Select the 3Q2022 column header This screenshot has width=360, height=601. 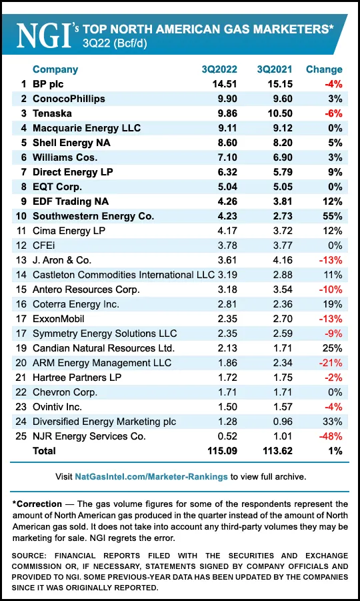(221, 69)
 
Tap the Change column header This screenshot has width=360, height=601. (324, 69)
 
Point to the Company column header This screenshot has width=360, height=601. (55, 69)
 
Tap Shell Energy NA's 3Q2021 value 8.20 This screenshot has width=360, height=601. (276, 143)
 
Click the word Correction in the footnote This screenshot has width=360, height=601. (39, 504)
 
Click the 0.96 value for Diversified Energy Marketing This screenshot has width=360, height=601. (276, 422)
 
